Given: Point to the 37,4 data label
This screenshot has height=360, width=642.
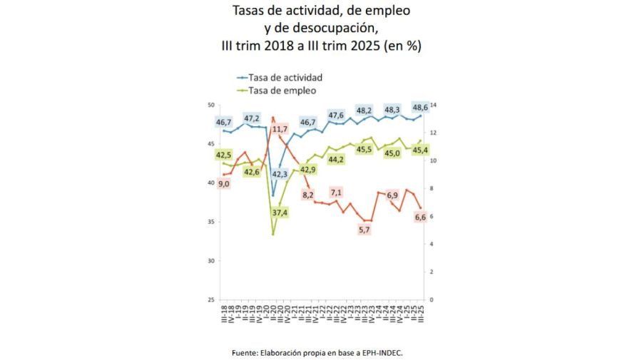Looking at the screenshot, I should [x=280, y=212].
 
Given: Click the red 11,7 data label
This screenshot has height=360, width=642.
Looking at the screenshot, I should [x=280, y=129].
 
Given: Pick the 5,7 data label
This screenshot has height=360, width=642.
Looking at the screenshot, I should [x=365, y=229].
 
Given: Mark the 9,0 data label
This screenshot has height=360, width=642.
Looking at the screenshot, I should [x=224, y=184].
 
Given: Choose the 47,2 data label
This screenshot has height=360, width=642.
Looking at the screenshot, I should [x=252, y=118].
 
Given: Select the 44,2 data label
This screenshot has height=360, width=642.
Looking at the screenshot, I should [x=336, y=159].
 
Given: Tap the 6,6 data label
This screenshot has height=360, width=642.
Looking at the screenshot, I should [x=420, y=217].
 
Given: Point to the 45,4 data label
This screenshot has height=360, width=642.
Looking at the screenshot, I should [x=420, y=150].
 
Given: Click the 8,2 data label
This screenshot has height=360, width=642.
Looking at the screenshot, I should [x=308, y=195].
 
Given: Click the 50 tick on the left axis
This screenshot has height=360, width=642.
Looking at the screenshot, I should [x=210, y=106].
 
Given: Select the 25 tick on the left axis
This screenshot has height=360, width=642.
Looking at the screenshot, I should [x=210, y=299].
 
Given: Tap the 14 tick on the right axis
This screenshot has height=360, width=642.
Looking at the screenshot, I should [x=432, y=106].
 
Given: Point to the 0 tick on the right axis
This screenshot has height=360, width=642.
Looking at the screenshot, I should [x=430, y=299].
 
